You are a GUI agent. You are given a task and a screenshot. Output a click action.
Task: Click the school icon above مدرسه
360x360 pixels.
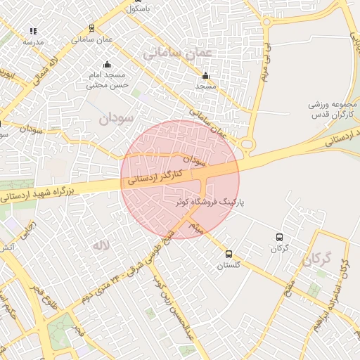[x=33, y=31]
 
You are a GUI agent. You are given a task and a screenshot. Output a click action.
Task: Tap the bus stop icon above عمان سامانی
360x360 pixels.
[x=92, y=29]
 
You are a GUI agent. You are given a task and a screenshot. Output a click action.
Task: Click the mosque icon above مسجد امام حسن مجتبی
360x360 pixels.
[x=108, y=65]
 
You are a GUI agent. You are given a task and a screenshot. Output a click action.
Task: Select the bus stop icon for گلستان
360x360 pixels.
[x=229, y=254]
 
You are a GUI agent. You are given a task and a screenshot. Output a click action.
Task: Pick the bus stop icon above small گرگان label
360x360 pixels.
[x=280, y=238]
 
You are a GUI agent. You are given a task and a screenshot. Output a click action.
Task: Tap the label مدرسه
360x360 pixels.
[x=33, y=41]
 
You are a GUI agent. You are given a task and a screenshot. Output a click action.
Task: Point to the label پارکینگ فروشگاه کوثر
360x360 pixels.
[x=212, y=201]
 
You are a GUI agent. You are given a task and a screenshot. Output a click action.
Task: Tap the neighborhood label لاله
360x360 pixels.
[x=99, y=246]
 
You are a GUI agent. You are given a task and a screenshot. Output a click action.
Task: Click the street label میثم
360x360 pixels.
[x=199, y=224]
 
